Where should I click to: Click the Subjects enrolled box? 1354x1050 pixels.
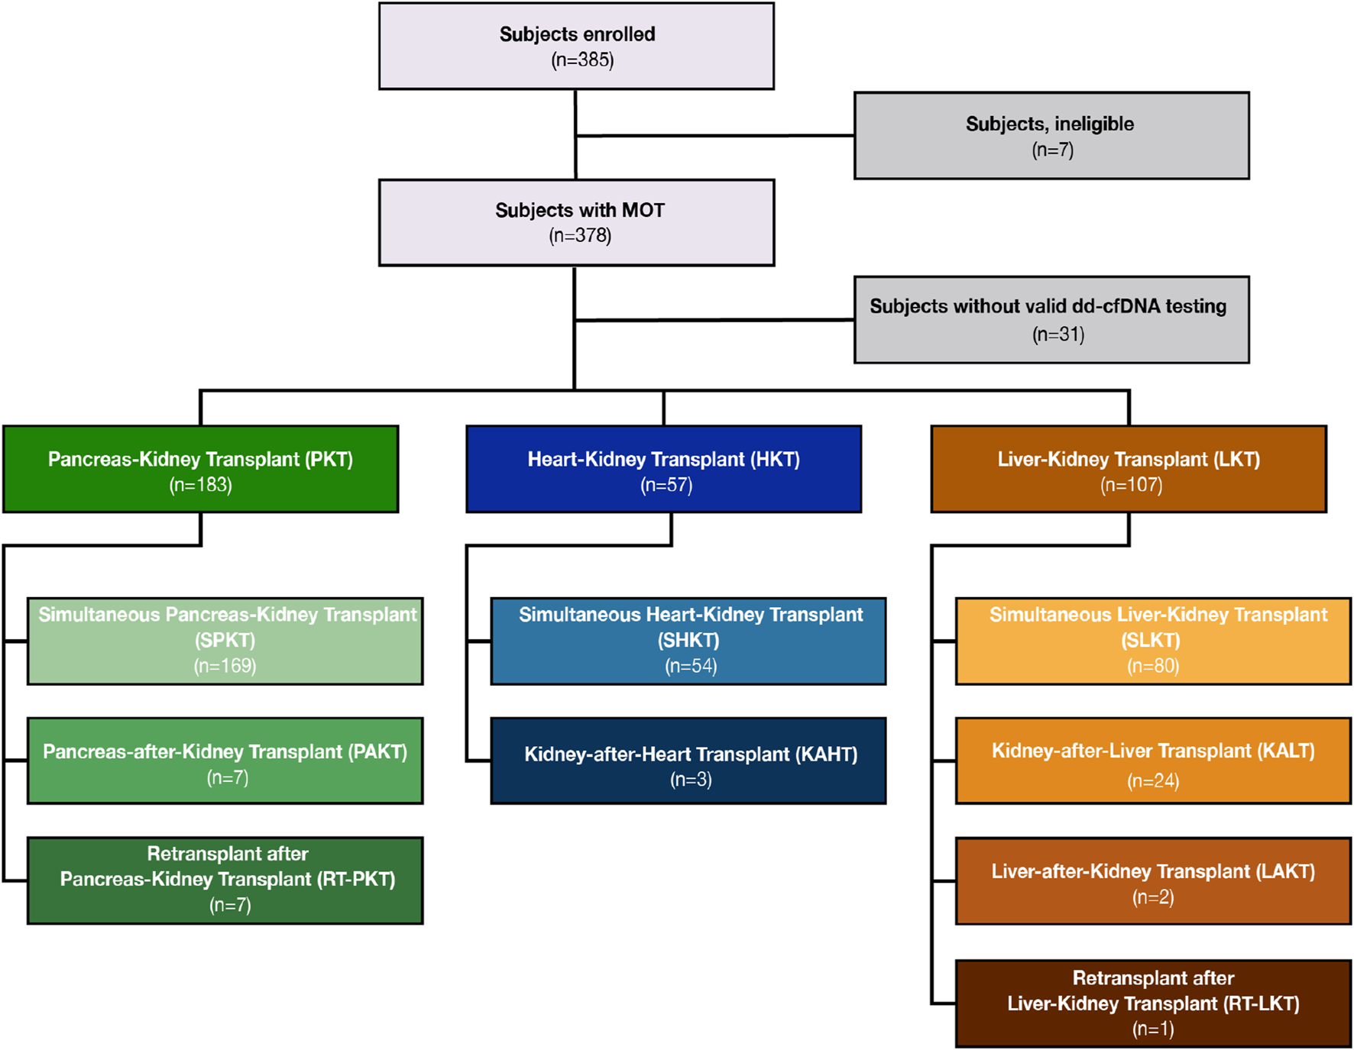click(x=576, y=46)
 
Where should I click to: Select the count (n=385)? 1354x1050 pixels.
click(x=582, y=60)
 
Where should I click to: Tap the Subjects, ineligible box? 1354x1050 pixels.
click(x=1051, y=136)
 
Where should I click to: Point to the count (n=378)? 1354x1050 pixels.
click(x=580, y=236)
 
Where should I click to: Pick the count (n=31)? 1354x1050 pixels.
click(x=1058, y=334)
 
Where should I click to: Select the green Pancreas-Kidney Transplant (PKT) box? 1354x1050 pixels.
click(x=200, y=469)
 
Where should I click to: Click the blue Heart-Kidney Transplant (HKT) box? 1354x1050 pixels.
click(x=663, y=469)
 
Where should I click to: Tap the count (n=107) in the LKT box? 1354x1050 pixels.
click(x=1131, y=486)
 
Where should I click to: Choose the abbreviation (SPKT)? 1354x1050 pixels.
click(x=225, y=641)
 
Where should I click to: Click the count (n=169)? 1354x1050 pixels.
click(x=225, y=666)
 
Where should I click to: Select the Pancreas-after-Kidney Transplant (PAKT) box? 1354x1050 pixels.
click(x=225, y=761)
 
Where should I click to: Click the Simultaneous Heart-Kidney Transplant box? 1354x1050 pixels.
click(x=688, y=641)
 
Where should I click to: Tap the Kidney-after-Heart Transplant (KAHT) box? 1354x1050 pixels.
click(x=688, y=761)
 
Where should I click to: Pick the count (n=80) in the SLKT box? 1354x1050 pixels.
click(x=1152, y=667)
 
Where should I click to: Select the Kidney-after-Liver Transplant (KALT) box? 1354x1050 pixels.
click(x=1152, y=761)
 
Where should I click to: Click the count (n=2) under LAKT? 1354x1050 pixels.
click(x=1152, y=897)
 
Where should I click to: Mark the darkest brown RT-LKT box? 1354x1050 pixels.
click(x=1152, y=1003)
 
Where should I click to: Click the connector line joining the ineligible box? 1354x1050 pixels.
click(x=714, y=136)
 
